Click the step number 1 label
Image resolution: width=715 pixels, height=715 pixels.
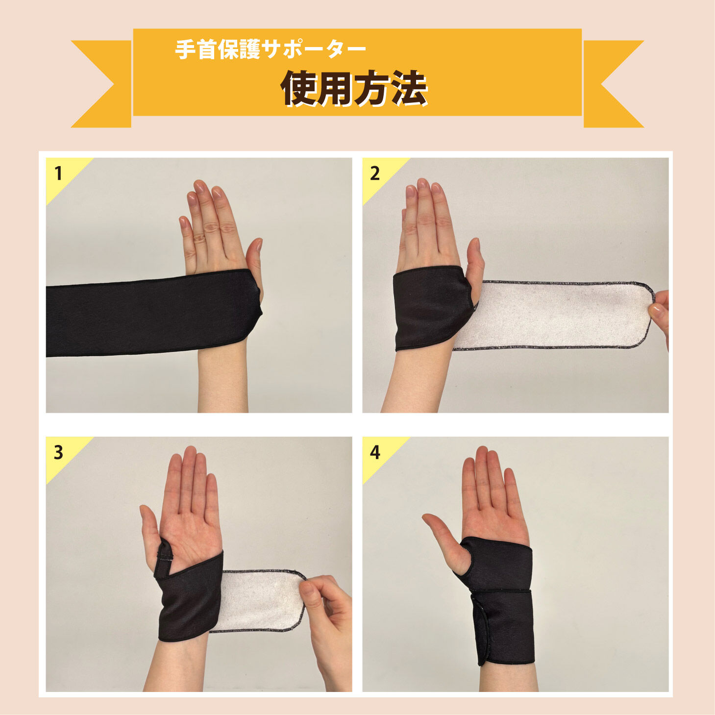(x=58, y=173)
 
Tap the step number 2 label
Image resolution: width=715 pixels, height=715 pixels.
(x=375, y=173)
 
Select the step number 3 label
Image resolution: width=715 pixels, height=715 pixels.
(x=58, y=453)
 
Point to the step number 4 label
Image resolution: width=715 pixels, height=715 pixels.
(x=375, y=453)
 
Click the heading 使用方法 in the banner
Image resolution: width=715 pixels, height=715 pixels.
(x=354, y=88)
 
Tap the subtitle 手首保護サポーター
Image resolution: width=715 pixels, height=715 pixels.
(x=271, y=49)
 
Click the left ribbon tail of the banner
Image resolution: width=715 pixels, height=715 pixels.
(x=101, y=84)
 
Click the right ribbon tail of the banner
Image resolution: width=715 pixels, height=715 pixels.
(x=614, y=84)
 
